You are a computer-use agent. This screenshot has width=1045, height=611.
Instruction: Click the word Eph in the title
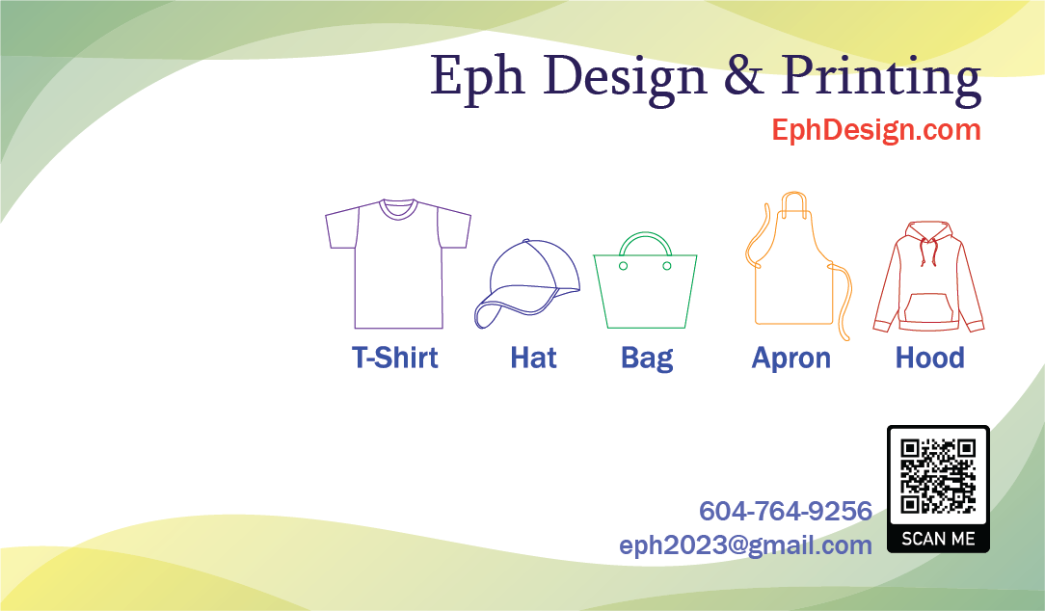click(476, 77)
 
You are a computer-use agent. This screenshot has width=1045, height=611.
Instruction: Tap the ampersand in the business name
click(743, 73)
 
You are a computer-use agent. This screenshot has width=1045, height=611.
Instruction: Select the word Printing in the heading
click(881, 79)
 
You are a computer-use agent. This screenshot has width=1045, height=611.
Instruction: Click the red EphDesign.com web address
click(875, 130)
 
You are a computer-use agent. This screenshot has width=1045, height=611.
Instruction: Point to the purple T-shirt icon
click(398, 263)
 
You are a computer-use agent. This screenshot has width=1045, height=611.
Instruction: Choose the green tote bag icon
click(645, 279)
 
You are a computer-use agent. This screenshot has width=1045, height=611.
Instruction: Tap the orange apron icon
click(798, 266)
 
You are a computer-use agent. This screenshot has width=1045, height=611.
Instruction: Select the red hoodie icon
click(928, 277)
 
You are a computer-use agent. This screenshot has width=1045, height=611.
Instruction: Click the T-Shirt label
click(394, 358)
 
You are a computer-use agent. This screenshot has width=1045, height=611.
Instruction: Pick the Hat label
click(533, 358)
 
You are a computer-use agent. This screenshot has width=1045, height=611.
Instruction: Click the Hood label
click(929, 358)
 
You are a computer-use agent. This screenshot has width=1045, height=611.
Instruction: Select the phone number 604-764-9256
click(785, 512)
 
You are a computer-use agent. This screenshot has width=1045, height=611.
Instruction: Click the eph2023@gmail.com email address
click(745, 545)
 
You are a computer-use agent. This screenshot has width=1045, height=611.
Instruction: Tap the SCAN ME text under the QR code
click(938, 539)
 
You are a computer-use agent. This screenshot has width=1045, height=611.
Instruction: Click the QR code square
click(938, 476)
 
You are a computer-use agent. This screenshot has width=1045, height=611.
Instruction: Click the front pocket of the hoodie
click(928, 307)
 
